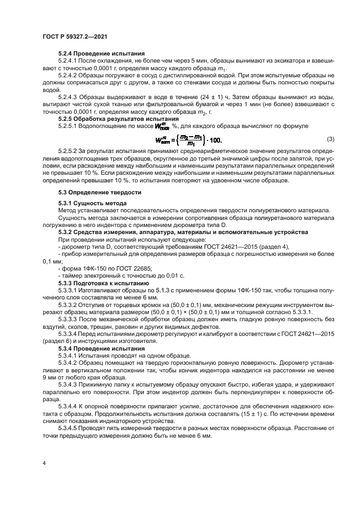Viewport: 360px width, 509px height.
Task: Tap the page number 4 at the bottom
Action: point(44,462)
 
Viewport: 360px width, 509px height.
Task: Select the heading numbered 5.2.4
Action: point(101,54)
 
